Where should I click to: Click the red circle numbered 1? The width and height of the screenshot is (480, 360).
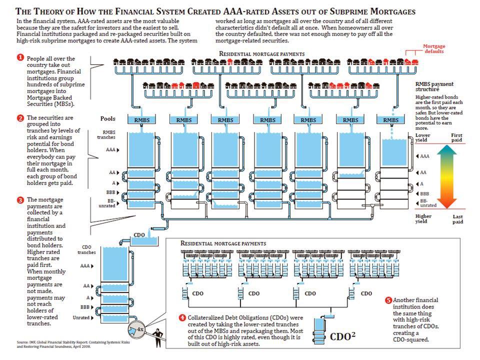[20, 58]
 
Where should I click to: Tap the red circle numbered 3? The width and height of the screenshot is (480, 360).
[20, 200]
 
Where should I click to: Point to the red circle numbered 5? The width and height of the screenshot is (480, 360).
[388, 300]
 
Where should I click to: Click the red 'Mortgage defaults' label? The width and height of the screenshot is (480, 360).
[434, 49]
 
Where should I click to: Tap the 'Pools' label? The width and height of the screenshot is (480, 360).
[107, 119]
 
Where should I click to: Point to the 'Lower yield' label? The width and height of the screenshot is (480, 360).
[422, 138]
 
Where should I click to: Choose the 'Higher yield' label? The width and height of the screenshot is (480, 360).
[423, 218]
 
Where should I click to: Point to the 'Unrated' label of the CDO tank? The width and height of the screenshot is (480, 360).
[82, 317]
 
